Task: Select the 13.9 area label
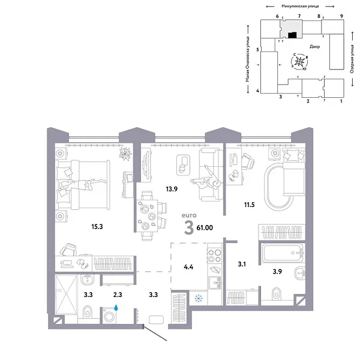[x=171, y=188]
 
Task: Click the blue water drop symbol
[x=118, y=307]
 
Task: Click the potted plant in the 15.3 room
[x=125, y=155]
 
